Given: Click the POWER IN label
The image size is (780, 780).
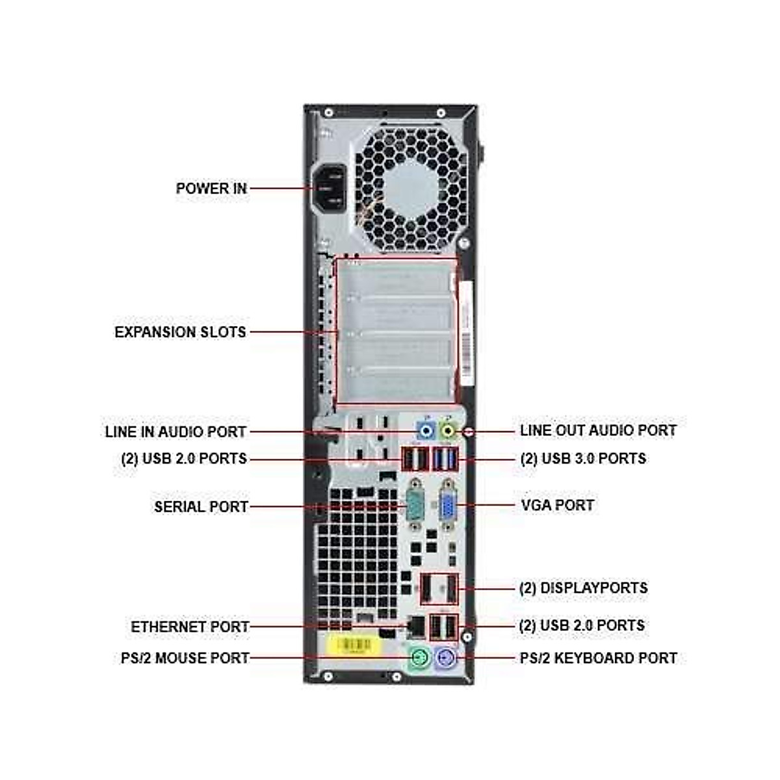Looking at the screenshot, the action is (211, 188).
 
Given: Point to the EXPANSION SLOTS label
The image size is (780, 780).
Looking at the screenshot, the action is (180, 332).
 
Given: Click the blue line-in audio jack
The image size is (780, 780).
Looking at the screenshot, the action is (426, 430).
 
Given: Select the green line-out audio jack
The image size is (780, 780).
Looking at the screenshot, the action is (448, 430).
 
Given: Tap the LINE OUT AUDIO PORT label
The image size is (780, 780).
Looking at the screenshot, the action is (598, 430).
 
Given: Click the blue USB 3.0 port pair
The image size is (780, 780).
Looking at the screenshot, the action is (445, 459).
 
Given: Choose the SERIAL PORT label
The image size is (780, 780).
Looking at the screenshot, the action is (201, 506).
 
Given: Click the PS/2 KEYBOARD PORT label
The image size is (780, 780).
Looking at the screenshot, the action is (598, 658).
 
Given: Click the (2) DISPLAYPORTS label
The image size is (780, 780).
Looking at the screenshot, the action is (583, 588).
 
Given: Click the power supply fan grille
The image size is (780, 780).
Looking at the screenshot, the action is (411, 189).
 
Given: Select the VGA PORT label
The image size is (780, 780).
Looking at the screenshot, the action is (557, 505).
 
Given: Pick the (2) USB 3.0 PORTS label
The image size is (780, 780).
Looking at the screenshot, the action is (583, 459).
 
